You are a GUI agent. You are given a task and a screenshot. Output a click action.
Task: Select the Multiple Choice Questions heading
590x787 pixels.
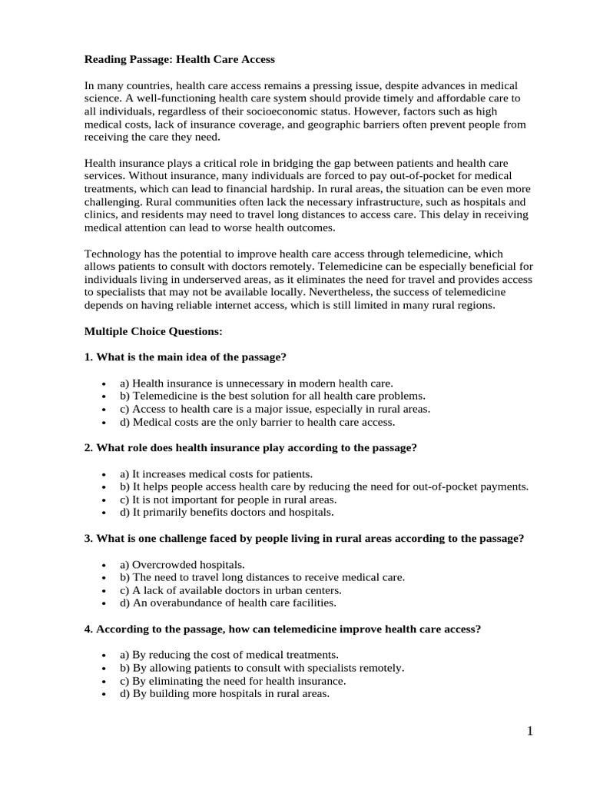[x=154, y=331]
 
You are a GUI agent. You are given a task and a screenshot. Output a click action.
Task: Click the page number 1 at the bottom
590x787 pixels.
[x=529, y=731]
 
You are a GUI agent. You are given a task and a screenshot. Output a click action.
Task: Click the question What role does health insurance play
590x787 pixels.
[x=250, y=447]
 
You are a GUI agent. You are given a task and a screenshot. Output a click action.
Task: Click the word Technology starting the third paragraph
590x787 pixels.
[x=112, y=254]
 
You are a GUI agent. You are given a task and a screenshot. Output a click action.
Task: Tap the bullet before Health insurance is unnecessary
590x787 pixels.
[x=103, y=383]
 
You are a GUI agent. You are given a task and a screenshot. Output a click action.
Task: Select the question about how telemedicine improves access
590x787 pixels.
[x=282, y=629]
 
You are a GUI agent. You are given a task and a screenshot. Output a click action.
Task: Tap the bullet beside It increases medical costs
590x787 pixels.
[x=103, y=474]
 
